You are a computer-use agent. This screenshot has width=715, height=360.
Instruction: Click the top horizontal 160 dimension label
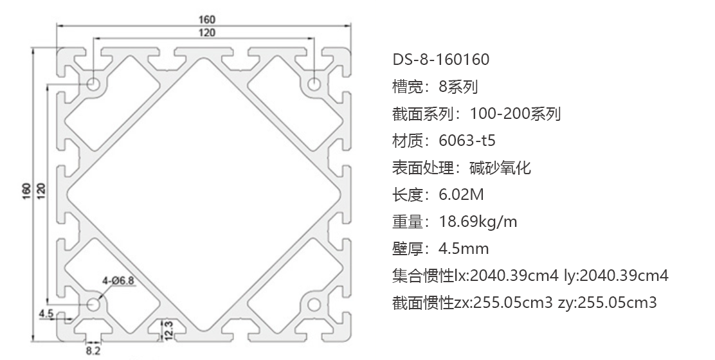206,19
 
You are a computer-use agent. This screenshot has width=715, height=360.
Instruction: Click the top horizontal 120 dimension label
206,32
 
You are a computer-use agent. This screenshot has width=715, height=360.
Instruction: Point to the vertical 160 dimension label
26,191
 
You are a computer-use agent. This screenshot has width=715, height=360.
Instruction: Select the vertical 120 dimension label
41,191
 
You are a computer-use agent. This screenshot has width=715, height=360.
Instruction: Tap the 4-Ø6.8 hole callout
118,280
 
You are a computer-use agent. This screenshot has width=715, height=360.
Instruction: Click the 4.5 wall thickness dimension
46,313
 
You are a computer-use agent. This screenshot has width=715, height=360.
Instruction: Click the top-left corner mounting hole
95,84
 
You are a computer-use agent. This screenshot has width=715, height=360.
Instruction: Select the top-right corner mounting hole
314,84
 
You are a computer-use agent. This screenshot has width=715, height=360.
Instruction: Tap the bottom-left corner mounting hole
95,304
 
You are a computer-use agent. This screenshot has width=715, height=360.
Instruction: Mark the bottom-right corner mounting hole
314,304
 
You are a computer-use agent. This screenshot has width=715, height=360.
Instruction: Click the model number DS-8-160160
441,59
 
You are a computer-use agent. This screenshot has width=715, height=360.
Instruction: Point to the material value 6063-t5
467,140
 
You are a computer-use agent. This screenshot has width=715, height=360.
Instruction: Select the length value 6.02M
461,195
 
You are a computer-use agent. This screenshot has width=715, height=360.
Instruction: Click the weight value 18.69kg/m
478,222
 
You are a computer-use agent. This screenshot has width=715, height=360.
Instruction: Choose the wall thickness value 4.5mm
464,249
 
